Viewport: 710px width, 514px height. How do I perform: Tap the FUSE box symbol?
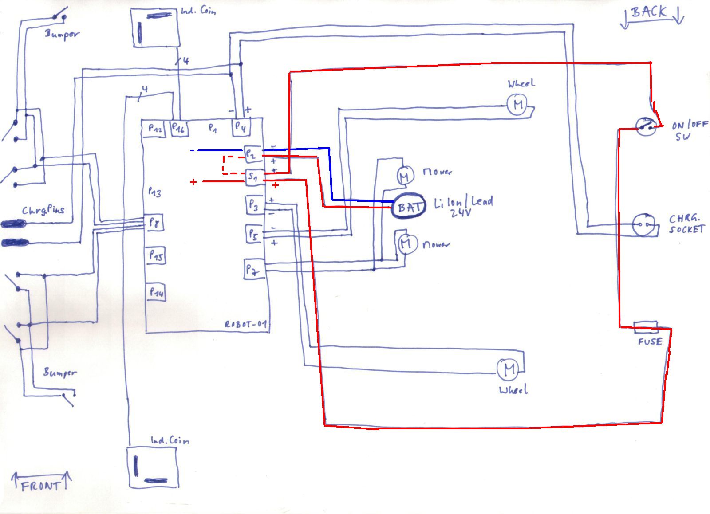click(646, 327)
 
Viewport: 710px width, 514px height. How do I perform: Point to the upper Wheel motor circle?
click(517, 105)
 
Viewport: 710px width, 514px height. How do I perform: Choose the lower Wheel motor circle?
click(507, 369)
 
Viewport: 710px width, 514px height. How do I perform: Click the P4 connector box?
click(241, 127)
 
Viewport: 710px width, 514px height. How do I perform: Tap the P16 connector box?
click(179, 129)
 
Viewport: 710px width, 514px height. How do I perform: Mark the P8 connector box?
click(154, 222)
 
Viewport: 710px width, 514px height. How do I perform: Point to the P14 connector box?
click(156, 292)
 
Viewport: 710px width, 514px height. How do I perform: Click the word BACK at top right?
click(649, 12)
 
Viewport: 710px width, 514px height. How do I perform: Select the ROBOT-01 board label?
click(246, 324)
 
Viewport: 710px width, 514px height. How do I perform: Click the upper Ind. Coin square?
click(155, 27)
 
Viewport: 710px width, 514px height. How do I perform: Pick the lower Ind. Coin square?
click(152, 467)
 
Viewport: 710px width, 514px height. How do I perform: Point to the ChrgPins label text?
click(43, 209)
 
